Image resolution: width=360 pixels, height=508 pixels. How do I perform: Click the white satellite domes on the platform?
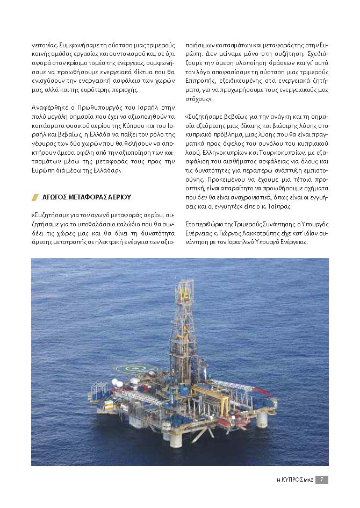pyautogui.click(x=118, y=383)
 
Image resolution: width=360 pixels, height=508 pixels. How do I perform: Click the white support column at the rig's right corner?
pyautogui.click(x=262, y=419)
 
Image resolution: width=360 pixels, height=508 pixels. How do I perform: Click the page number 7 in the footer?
pyautogui.click(x=321, y=480)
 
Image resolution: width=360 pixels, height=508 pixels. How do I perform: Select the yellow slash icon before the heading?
pyautogui.click(x=35, y=197)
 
